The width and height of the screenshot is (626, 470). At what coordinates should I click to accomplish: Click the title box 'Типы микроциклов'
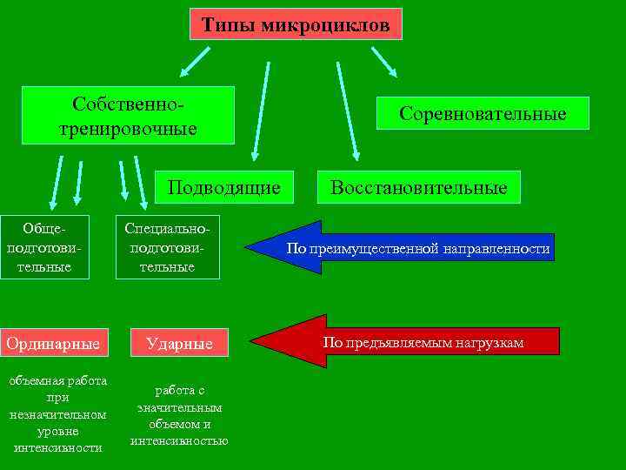296,24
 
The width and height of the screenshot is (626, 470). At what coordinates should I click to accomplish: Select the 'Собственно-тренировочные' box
128,115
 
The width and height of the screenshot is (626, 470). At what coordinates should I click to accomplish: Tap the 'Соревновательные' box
483,113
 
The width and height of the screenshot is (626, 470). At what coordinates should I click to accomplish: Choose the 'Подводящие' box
223,187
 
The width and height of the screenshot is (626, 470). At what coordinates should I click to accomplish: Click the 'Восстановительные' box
418,187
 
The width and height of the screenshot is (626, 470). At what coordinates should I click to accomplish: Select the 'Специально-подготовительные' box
167,247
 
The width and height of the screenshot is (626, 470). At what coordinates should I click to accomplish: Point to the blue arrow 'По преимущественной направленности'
409,249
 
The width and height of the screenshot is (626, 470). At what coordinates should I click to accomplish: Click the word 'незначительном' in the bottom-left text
57,414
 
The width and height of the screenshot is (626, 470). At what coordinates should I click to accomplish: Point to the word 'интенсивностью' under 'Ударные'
179,440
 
